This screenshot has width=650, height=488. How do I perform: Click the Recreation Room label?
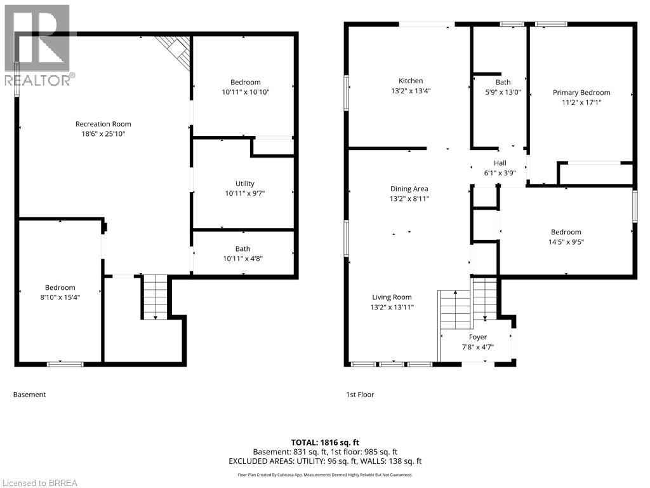point(103,124)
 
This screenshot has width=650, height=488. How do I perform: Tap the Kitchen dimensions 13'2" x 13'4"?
point(411,90)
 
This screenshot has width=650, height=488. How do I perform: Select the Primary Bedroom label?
point(581,93)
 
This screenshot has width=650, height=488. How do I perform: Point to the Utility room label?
point(244,184)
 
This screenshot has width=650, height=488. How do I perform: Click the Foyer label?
point(477,337)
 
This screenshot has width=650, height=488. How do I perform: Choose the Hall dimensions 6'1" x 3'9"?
point(500,173)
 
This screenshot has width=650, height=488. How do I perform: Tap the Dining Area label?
point(409,189)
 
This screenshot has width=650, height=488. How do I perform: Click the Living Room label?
point(392,297)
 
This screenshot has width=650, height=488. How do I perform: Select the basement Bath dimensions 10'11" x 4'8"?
point(243,259)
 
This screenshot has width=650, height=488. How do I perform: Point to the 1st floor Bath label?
point(503,82)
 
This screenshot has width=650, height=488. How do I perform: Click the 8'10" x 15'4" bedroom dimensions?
point(60,297)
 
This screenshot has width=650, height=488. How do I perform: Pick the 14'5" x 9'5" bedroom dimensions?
point(566,242)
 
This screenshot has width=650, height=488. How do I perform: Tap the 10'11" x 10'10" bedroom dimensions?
point(246,92)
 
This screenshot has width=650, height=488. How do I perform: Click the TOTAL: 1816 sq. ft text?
point(325,442)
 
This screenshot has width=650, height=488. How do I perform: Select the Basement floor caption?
point(29,395)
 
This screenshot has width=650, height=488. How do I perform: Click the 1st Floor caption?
point(361,395)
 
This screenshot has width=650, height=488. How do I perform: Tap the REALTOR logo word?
point(38,79)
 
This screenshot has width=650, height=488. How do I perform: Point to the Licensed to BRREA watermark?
point(39,483)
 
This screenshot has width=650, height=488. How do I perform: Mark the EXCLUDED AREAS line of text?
point(325,461)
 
